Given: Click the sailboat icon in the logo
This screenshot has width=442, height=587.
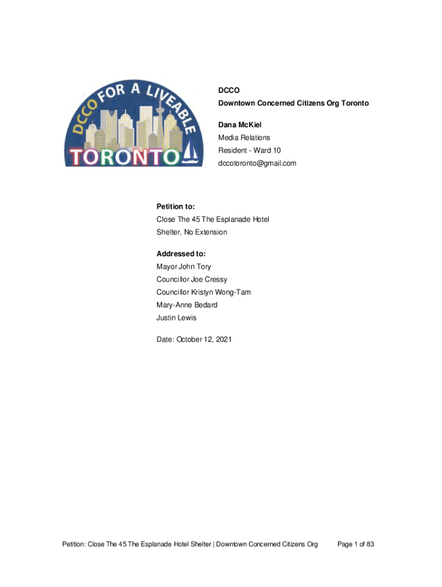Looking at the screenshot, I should coord(191,153).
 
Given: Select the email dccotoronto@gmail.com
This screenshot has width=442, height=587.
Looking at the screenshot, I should coord(257,163).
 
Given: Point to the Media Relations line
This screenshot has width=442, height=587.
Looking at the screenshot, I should coord(243,138).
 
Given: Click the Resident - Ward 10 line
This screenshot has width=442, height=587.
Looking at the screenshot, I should coord(249,150).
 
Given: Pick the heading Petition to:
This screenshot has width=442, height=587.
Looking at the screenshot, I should coord(176,206).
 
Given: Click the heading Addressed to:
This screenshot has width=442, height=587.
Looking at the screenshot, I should coord(181,253).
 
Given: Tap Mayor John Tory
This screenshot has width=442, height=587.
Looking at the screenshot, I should coord(184,267).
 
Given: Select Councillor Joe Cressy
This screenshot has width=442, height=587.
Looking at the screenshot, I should coord(192,279).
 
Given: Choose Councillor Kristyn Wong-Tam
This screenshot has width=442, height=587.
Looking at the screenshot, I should coord(203,292).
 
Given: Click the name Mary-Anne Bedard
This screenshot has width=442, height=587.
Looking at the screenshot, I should coord(187,304).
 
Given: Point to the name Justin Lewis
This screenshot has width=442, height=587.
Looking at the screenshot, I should coord(176,318).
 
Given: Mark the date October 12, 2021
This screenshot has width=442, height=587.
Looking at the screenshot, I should coord(194,339).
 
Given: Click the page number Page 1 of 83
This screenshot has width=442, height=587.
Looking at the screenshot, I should coord(356,544).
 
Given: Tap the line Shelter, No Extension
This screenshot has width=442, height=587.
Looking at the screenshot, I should coord(192,232).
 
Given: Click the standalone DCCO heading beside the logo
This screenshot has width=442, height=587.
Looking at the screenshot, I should coord(228,91).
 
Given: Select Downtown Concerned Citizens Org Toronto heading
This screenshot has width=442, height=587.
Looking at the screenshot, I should coord(293,103).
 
